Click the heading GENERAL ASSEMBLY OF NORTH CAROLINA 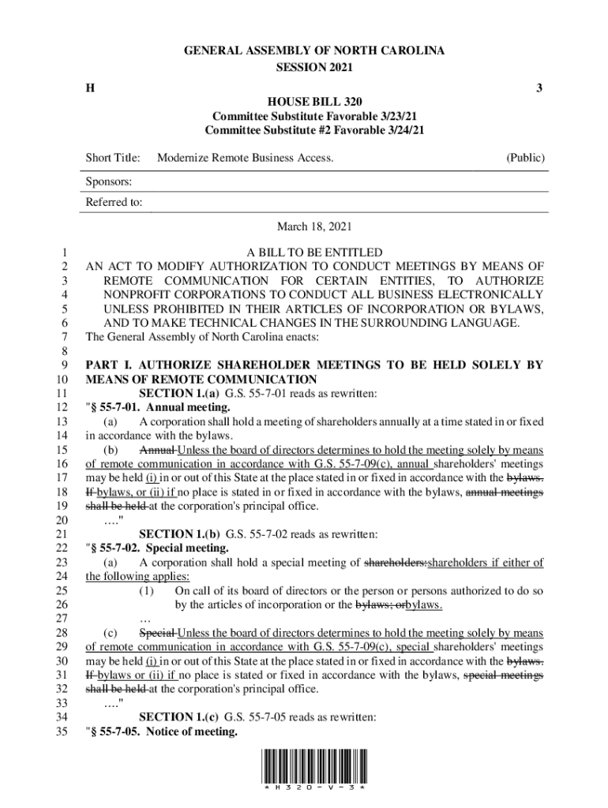(314, 51)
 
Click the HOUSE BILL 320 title (314, 103)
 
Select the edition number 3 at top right (539, 88)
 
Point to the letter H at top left (90, 88)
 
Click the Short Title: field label (113, 159)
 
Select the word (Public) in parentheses (525, 159)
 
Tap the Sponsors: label (108, 181)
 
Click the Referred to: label (114, 203)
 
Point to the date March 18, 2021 (314, 226)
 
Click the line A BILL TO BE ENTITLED (314, 252)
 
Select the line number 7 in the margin (69, 337)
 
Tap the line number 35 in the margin (66, 732)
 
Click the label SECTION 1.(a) (180, 393)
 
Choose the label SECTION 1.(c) (180, 718)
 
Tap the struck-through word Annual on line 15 (155, 450)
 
